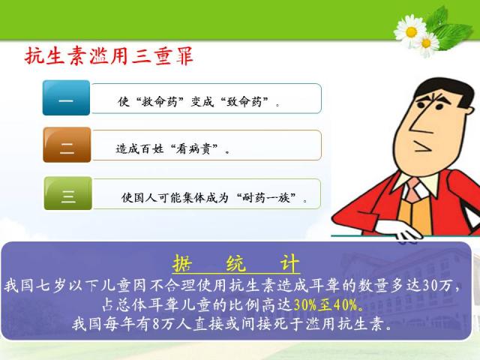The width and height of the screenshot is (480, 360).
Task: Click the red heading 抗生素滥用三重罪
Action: point(109,56)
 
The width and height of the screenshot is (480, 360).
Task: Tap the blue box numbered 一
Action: point(66,97)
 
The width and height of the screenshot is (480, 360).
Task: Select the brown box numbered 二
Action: point(67,145)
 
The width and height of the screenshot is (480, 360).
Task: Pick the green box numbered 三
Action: point(68,193)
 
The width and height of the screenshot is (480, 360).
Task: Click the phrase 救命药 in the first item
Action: point(160,101)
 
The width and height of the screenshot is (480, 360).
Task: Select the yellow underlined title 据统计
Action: point(235,263)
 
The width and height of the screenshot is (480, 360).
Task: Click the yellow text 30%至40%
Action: point(325,304)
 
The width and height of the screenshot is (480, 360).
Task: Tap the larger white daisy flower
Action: point(410,31)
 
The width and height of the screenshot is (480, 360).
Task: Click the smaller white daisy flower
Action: point(427,43)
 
